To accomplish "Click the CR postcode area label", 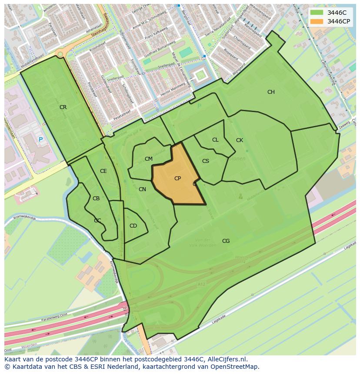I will point(63,107).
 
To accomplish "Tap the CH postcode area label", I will point(271,92).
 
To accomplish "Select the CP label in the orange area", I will point(177,179).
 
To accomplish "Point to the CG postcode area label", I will point(226,241).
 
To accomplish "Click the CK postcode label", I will point(240,140).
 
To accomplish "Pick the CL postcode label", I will point(215,140).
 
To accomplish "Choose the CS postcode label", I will point(206,161).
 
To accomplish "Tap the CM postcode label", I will point(149,159).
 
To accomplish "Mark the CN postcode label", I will point(142,189).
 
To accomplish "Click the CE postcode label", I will point(103,171).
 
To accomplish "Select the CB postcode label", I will point(96,199).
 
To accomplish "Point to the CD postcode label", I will point(133,226).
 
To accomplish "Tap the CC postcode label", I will point(97,221).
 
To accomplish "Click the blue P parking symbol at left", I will point(40,139).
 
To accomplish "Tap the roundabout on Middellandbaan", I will point(60,53).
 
